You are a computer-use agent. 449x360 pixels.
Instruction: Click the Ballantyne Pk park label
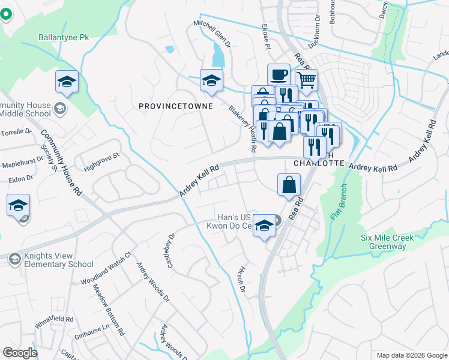coord(64,37)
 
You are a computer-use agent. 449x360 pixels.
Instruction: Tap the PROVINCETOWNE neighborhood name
coord(167,106)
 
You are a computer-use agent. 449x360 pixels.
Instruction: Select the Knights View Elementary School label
coord(59,260)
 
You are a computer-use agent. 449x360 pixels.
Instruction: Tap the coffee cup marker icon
coord(279,74)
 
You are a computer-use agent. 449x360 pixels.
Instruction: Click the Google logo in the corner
coord(20,352)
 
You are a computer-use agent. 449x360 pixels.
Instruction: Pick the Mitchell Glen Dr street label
coord(212,34)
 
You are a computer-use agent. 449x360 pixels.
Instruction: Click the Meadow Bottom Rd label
coord(109,309)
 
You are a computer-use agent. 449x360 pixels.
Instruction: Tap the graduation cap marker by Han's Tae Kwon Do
coord(263,226)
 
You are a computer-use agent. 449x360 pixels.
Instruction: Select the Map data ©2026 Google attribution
coord(411,355)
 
